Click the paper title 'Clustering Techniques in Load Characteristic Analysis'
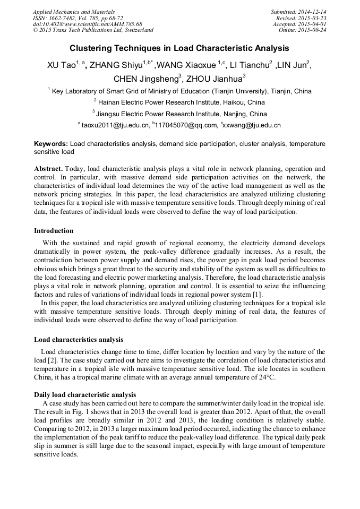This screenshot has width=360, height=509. [x=179, y=48]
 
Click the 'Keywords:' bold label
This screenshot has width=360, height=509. [x=51, y=144]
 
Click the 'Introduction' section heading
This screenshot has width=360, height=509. [x=54, y=231]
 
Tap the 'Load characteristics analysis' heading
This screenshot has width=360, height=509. [x=79, y=339]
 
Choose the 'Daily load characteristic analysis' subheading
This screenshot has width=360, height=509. [x=85, y=395]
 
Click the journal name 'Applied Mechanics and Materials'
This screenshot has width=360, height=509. [x=74, y=12]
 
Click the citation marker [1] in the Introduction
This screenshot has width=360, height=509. [x=257, y=295]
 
